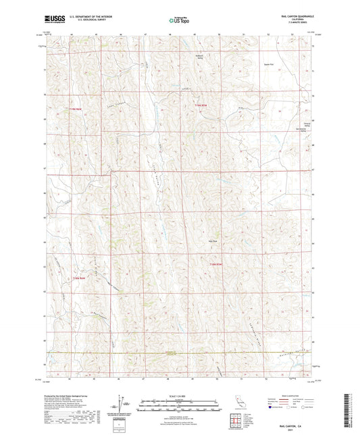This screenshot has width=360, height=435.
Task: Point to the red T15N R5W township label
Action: (x=215, y=264)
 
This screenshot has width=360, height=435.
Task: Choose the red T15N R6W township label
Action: (x=80, y=278)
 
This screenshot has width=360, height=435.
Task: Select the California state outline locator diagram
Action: (x=240, y=401)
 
